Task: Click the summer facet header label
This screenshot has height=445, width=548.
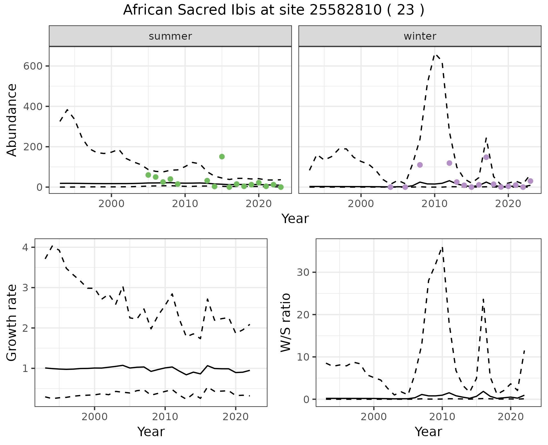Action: coord(170,36)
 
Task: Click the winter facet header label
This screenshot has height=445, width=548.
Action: coord(420,36)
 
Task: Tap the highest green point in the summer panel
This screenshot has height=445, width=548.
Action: coord(222,157)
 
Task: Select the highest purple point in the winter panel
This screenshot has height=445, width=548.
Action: coord(486,157)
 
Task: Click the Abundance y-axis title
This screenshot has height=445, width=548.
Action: coord(12,120)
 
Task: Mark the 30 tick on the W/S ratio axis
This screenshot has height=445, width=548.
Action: coord(303,272)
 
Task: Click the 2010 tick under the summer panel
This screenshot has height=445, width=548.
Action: coord(185,204)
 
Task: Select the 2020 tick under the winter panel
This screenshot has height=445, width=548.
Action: coord(508,204)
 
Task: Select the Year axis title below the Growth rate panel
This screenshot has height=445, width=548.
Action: coord(151,432)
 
